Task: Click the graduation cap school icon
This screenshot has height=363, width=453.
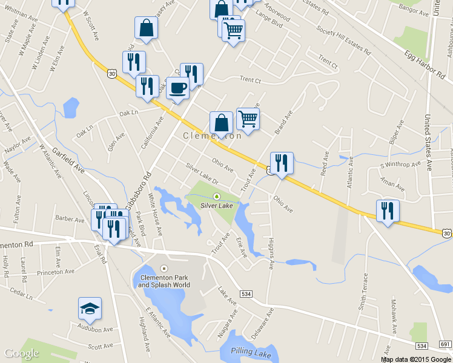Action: (x=90, y=309)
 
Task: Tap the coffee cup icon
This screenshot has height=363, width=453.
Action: (x=177, y=88)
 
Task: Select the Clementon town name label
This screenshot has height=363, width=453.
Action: (x=212, y=136)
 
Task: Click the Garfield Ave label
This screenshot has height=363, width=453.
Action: (x=67, y=159)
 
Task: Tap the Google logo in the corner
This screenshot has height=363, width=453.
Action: (x=22, y=353)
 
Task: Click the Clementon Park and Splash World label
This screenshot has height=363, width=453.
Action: (x=164, y=281)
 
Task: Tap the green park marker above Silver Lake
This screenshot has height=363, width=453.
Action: (x=217, y=196)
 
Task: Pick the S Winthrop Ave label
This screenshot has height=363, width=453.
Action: (x=400, y=164)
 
